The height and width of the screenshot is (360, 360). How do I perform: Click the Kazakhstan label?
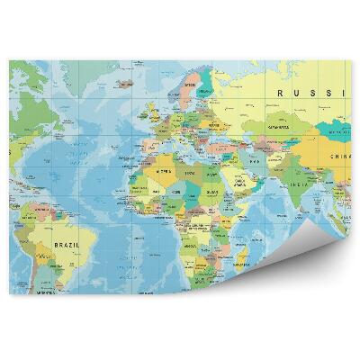click(276, 130)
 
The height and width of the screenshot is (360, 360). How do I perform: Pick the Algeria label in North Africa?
click(165, 170)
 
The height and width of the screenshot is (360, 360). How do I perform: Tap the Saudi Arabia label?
click(240, 181)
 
